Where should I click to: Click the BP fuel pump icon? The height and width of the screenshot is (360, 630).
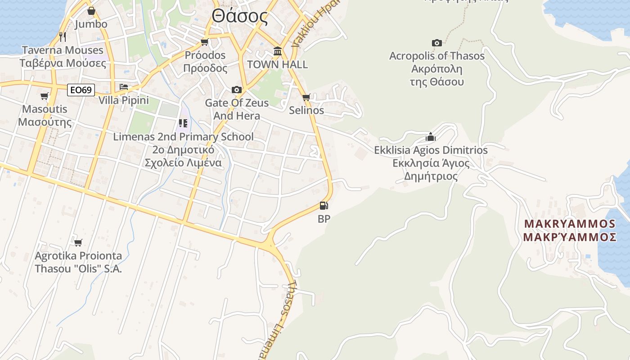click(x=324, y=206)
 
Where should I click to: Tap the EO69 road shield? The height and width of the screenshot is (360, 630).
click(x=81, y=90)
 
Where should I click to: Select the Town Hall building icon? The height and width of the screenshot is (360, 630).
click(x=278, y=51)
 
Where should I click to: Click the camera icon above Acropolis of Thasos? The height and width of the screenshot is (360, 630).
click(x=436, y=43)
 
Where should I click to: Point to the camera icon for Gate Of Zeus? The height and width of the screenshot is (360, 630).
click(x=236, y=90)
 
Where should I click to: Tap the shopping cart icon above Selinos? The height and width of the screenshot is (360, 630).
click(x=306, y=97)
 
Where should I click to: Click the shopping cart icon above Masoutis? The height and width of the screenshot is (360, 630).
click(x=44, y=96)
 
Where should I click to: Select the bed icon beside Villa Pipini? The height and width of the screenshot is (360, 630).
click(x=123, y=87)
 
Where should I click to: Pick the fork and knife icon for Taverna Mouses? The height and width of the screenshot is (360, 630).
click(x=63, y=36)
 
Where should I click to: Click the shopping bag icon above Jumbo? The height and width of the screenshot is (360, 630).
click(x=91, y=11)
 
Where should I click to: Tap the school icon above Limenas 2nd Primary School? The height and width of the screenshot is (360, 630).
click(x=183, y=123)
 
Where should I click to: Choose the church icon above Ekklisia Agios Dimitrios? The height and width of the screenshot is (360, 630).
click(x=431, y=137)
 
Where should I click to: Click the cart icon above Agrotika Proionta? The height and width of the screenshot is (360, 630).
click(x=78, y=243)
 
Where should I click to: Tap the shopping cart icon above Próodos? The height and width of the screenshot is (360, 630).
click(x=205, y=42)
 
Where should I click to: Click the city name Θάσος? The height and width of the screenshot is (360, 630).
click(x=240, y=17)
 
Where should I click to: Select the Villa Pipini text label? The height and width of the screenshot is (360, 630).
click(x=123, y=100)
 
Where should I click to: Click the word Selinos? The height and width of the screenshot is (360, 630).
click(x=306, y=110)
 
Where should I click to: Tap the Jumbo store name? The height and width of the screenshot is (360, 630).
click(x=91, y=24)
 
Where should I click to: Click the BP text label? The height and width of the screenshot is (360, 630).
click(x=324, y=219)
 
